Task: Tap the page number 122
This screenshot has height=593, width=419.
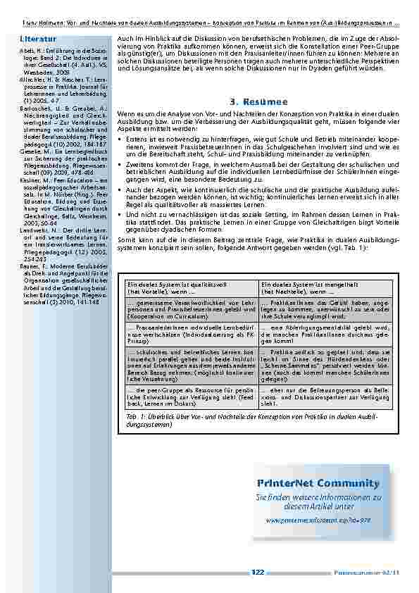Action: point(258,572)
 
